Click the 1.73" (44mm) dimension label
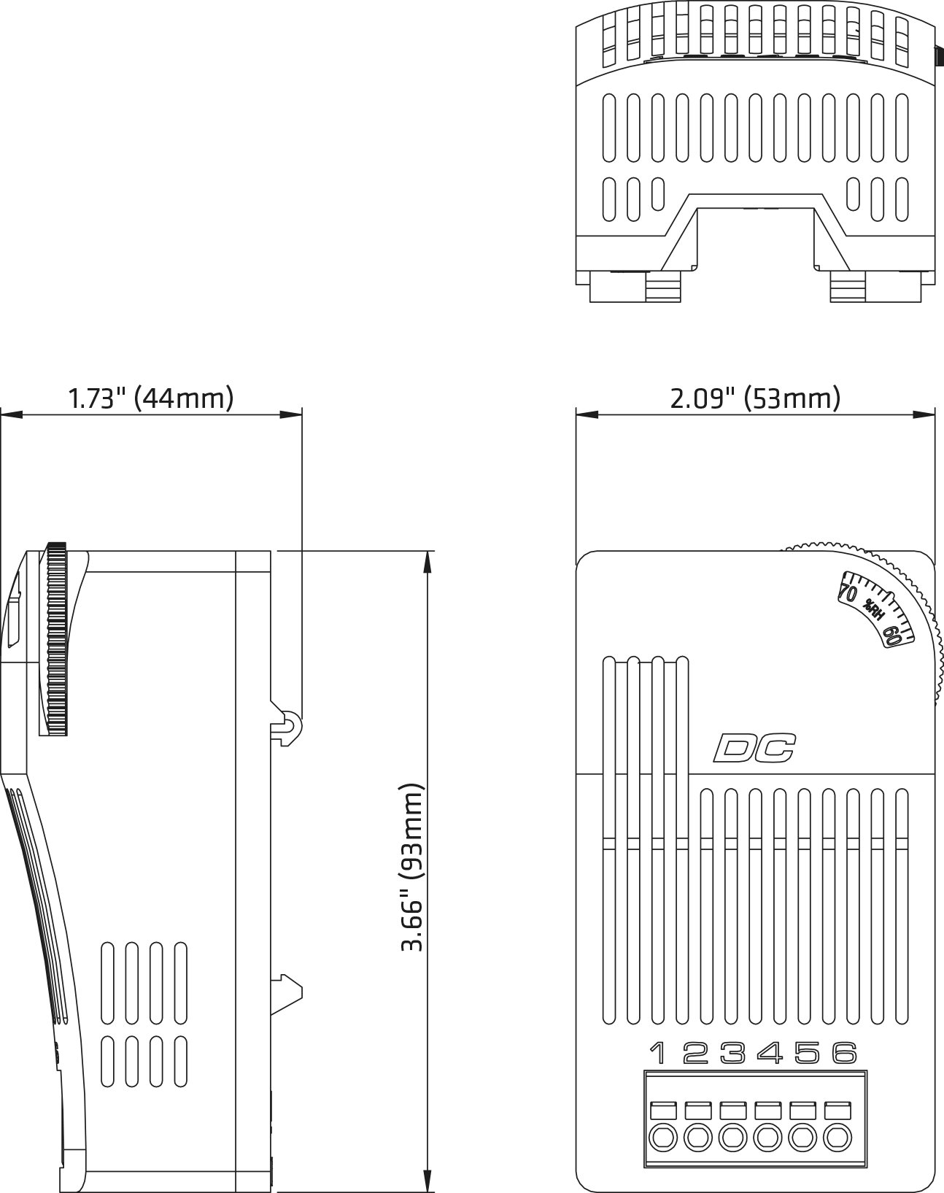pyautogui.click(x=151, y=398)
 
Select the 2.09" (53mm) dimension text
pyautogui.click(x=756, y=398)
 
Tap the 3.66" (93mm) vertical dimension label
pyautogui.click(x=412, y=868)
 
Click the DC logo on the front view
pyautogui.click(x=754, y=747)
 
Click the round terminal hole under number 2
pyautogui.click(x=698, y=1138)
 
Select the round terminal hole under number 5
pyautogui.click(x=802, y=1138)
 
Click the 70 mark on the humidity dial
pyautogui.click(x=848, y=592)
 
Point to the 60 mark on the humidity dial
pyautogui.click(x=893, y=634)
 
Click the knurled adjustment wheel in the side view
pyautogui.click(x=57, y=638)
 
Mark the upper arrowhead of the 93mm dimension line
pyautogui.click(x=427, y=562)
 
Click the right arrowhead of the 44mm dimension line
pyautogui.click(x=291, y=414)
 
